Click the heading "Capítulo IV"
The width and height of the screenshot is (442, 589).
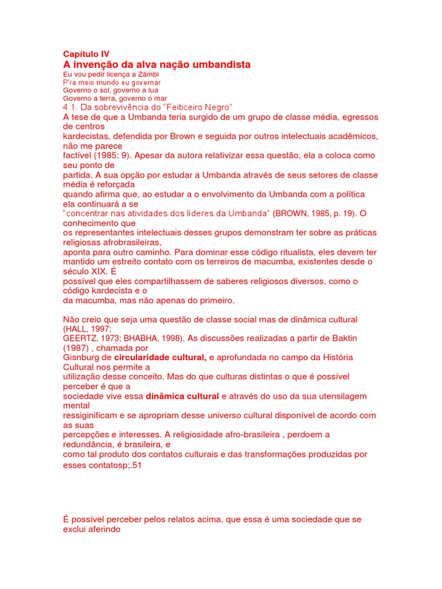(86, 53)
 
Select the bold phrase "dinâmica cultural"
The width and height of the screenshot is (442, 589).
(182, 396)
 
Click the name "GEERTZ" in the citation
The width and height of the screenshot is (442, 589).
(79, 338)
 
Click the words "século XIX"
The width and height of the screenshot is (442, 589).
(85, 271)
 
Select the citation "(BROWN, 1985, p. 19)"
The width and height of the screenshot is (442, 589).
(315, 213)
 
